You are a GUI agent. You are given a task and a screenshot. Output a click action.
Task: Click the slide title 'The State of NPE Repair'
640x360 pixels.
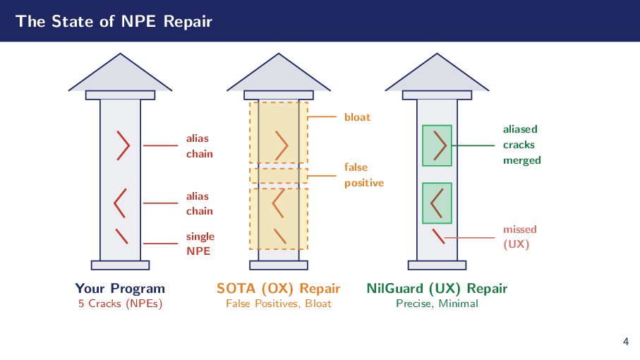pos(114,21)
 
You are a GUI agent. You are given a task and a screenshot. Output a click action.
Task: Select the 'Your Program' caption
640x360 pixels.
pos(120,288)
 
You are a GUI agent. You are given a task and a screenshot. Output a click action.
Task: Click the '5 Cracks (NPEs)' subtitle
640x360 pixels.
pos(120,304)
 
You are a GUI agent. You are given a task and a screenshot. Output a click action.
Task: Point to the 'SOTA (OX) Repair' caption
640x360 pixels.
pos(278,288)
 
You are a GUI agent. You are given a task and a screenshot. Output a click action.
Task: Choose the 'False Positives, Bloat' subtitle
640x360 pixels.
pos(278,304)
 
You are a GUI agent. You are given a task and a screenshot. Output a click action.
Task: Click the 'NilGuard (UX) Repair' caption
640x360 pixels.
pos(437,288)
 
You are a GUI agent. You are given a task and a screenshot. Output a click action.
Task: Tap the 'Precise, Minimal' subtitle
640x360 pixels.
pos(437,304)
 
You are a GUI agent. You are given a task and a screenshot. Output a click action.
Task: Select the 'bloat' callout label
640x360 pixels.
pos(357,116)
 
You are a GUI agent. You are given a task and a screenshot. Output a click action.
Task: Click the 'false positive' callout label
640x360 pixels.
pos(363,175)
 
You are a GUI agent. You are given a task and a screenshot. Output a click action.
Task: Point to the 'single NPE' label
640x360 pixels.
pos(200,244)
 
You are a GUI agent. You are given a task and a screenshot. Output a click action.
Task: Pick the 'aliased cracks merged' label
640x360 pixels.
pos(521,145)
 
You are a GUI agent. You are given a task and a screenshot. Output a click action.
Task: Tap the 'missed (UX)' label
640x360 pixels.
pos(519,236)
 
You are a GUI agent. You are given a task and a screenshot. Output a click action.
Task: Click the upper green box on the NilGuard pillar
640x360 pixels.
pos(437,145)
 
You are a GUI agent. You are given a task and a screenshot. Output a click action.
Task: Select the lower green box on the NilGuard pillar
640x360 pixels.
pos(437,203)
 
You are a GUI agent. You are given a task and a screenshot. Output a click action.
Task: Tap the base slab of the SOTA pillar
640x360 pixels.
pos(278,265)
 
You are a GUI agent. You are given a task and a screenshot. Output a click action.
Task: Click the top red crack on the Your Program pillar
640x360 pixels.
pos(124,145)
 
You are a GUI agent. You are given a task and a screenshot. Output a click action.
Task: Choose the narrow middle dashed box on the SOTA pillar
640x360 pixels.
pos(278,175)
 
